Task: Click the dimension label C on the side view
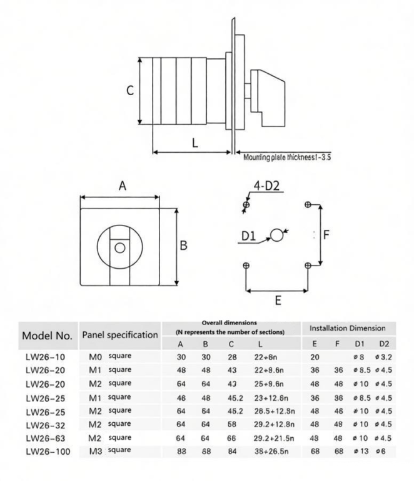click(x=129, y=90)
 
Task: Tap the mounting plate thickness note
click(x=287, y=157)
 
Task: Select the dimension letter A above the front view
click(x=123, y=185)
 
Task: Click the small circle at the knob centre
click(x=119, y=247)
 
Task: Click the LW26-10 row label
click(x=45, y=357)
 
